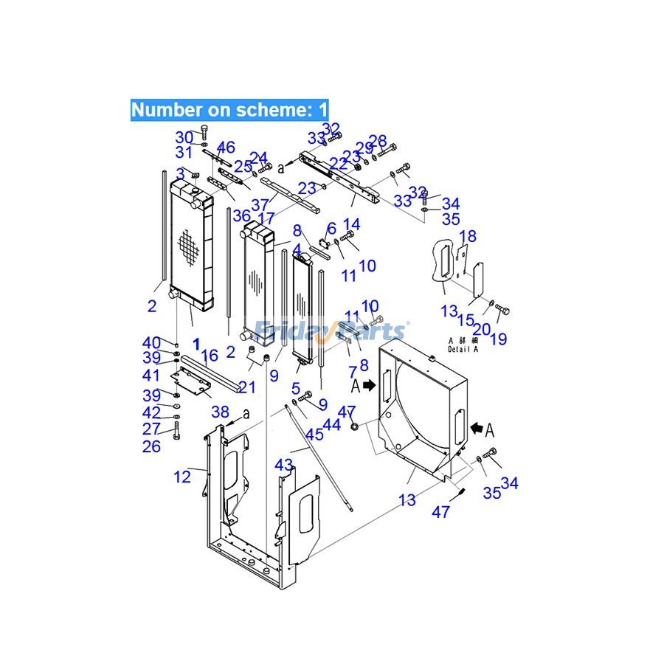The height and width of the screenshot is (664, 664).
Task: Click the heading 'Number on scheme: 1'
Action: pos(229,110)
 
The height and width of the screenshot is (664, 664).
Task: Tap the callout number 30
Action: pos(184,137)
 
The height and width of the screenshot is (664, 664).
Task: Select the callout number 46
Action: pos(226,148)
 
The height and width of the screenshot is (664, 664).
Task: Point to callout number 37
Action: pos(260,204)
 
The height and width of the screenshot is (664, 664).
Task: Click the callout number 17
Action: pos(266,218)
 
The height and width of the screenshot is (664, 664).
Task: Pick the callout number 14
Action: pos(352,224)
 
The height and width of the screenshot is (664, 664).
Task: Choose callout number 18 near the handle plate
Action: pos(468,236)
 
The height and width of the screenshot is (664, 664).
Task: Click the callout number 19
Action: pos(499,339)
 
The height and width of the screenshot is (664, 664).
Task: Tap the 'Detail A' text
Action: pos(463,350)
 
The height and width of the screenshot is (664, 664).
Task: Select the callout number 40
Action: pos(151,342)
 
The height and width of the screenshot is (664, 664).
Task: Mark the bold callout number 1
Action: pos(196,343)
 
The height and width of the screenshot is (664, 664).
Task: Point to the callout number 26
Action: pos(151,446)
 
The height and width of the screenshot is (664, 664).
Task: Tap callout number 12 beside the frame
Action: pos(182,477)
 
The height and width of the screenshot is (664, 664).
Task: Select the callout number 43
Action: pos(284,465)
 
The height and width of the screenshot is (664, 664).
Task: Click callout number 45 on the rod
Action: pos(314,435)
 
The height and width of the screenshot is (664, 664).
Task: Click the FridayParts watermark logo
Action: pos(330,330)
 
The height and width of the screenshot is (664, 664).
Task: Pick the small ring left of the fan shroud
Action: pos(355,426)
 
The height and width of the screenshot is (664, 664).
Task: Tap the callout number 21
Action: pos(247,388)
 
